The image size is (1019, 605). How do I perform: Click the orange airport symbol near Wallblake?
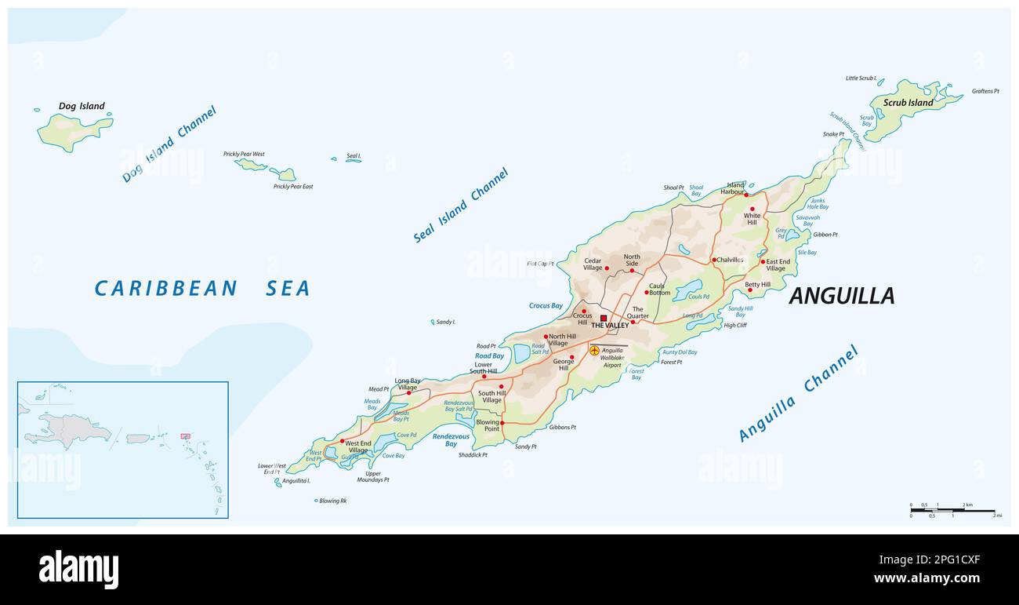click(594, 350)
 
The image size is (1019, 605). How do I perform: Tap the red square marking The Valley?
click(604, 318)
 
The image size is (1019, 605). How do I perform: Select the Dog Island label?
click(82, 106)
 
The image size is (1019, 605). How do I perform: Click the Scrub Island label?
click(908, 103)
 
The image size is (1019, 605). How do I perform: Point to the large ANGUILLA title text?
click(841, 296)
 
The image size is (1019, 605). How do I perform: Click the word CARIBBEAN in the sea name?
click(165, 289)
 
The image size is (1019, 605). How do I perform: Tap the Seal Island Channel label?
click(461, 205)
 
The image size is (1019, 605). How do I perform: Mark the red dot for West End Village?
click(342, 441)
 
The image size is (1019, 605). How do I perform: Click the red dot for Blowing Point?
click(502, 423)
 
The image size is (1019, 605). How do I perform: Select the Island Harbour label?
click(735, 188)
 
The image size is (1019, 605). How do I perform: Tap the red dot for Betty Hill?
click(750, 290)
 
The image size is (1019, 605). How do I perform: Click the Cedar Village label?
click(593, 264)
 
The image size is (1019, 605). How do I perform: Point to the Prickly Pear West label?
click(244, 154)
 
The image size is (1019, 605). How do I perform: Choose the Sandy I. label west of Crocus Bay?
click(445, 322)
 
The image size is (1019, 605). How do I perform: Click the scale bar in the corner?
click(952, 510)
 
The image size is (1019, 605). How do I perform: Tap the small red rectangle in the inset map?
click(186, 436)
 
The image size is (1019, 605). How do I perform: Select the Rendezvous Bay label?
click(451, 440)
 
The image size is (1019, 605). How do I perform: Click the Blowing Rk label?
click(332, 501)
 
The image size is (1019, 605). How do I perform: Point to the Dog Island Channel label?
click(169, 144)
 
